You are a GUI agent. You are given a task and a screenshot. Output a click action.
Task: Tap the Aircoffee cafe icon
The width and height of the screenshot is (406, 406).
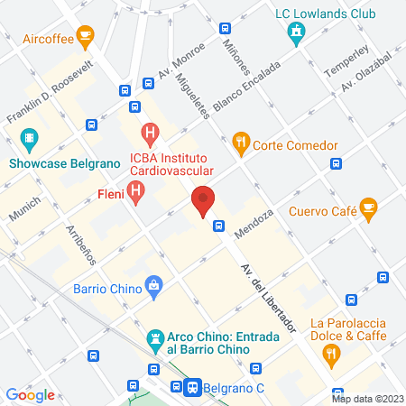(x=86, y=37)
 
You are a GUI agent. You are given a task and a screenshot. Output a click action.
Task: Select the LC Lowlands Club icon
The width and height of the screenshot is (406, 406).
(x=294, y=33)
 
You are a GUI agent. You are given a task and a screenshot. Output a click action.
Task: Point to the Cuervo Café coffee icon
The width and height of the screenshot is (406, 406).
(x=368, y=208)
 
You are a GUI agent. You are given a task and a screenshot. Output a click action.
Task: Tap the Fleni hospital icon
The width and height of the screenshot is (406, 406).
(x=136, y=191)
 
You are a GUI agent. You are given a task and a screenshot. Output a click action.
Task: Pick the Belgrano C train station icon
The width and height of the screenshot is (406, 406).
(x=192, y=385)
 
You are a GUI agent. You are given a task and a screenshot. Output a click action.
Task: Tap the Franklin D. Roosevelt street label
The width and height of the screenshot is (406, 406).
(x=51, y=95)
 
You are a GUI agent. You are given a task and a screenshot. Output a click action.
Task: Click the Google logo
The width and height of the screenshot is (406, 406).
(x=31, y=395)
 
